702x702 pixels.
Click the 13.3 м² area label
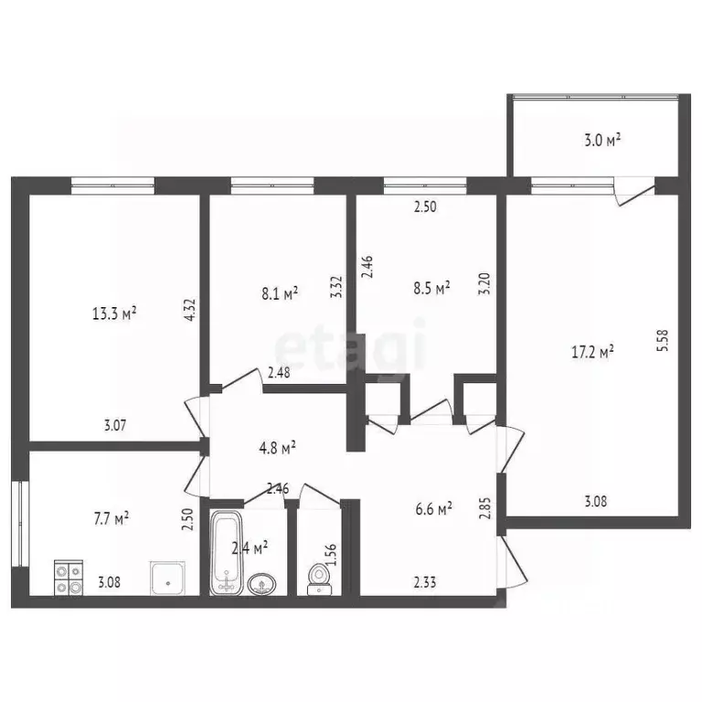(114, 314)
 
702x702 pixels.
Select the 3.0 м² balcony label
(601, 140)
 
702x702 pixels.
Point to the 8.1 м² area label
(278, 293)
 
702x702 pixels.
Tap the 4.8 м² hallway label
(274, 447)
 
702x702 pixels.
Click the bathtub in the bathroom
(225, 555)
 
